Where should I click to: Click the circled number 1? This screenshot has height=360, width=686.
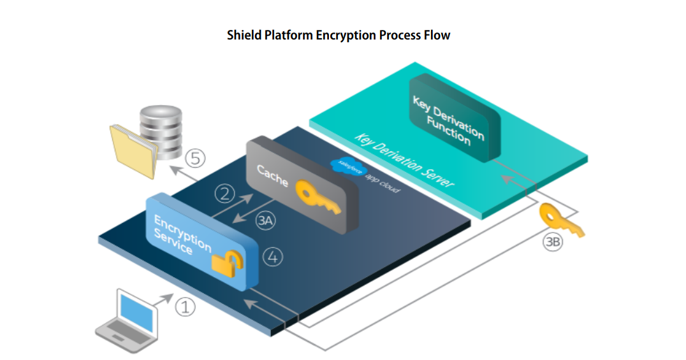coord(186,307)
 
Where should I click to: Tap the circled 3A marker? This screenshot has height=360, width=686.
coord(265,221)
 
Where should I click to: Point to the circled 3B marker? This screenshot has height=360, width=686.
coord(552,242)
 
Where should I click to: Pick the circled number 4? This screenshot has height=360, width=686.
coord(272,257)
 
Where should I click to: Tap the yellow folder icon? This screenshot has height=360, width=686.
coord(133,150)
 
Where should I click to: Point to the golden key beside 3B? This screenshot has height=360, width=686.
coord(560,219)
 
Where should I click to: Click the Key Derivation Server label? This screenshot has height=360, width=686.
coord(405,159)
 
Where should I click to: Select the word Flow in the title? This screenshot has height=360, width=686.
coord(438,35)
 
